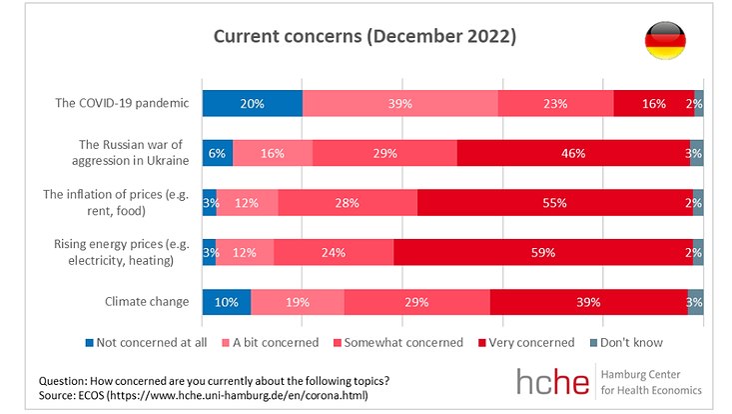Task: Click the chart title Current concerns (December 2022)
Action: tap(365, 37)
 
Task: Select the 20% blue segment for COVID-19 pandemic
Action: tap(252, 104)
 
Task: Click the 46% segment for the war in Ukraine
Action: tap(573, 153)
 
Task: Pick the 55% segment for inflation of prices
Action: tap(555, 202)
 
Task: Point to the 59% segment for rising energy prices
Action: tap(543, 252)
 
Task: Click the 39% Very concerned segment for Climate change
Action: tap(588, 301)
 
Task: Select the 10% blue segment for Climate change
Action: tap(227, 301)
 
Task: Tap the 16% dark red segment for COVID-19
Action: tap(654, 104)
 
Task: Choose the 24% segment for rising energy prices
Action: tap(334, 252)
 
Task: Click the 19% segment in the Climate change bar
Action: tap(298, 301)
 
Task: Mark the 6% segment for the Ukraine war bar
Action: tap(218, 153)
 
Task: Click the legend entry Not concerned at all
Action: tap(153, 342)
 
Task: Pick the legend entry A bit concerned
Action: tap(276, 342)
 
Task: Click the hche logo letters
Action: tap(552, 381)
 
